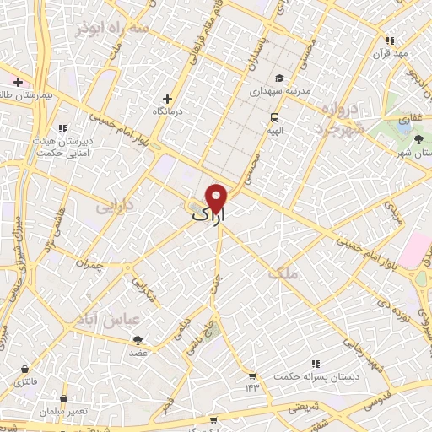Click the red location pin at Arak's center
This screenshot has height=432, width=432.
point(218,197)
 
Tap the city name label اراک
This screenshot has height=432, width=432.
point(209,217)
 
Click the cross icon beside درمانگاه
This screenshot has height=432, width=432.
point(166,100)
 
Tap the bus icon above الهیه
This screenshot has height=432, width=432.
point(274,118)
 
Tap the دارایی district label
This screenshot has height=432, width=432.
point(115,205)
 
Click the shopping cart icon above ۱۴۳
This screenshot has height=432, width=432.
point(251,375)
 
